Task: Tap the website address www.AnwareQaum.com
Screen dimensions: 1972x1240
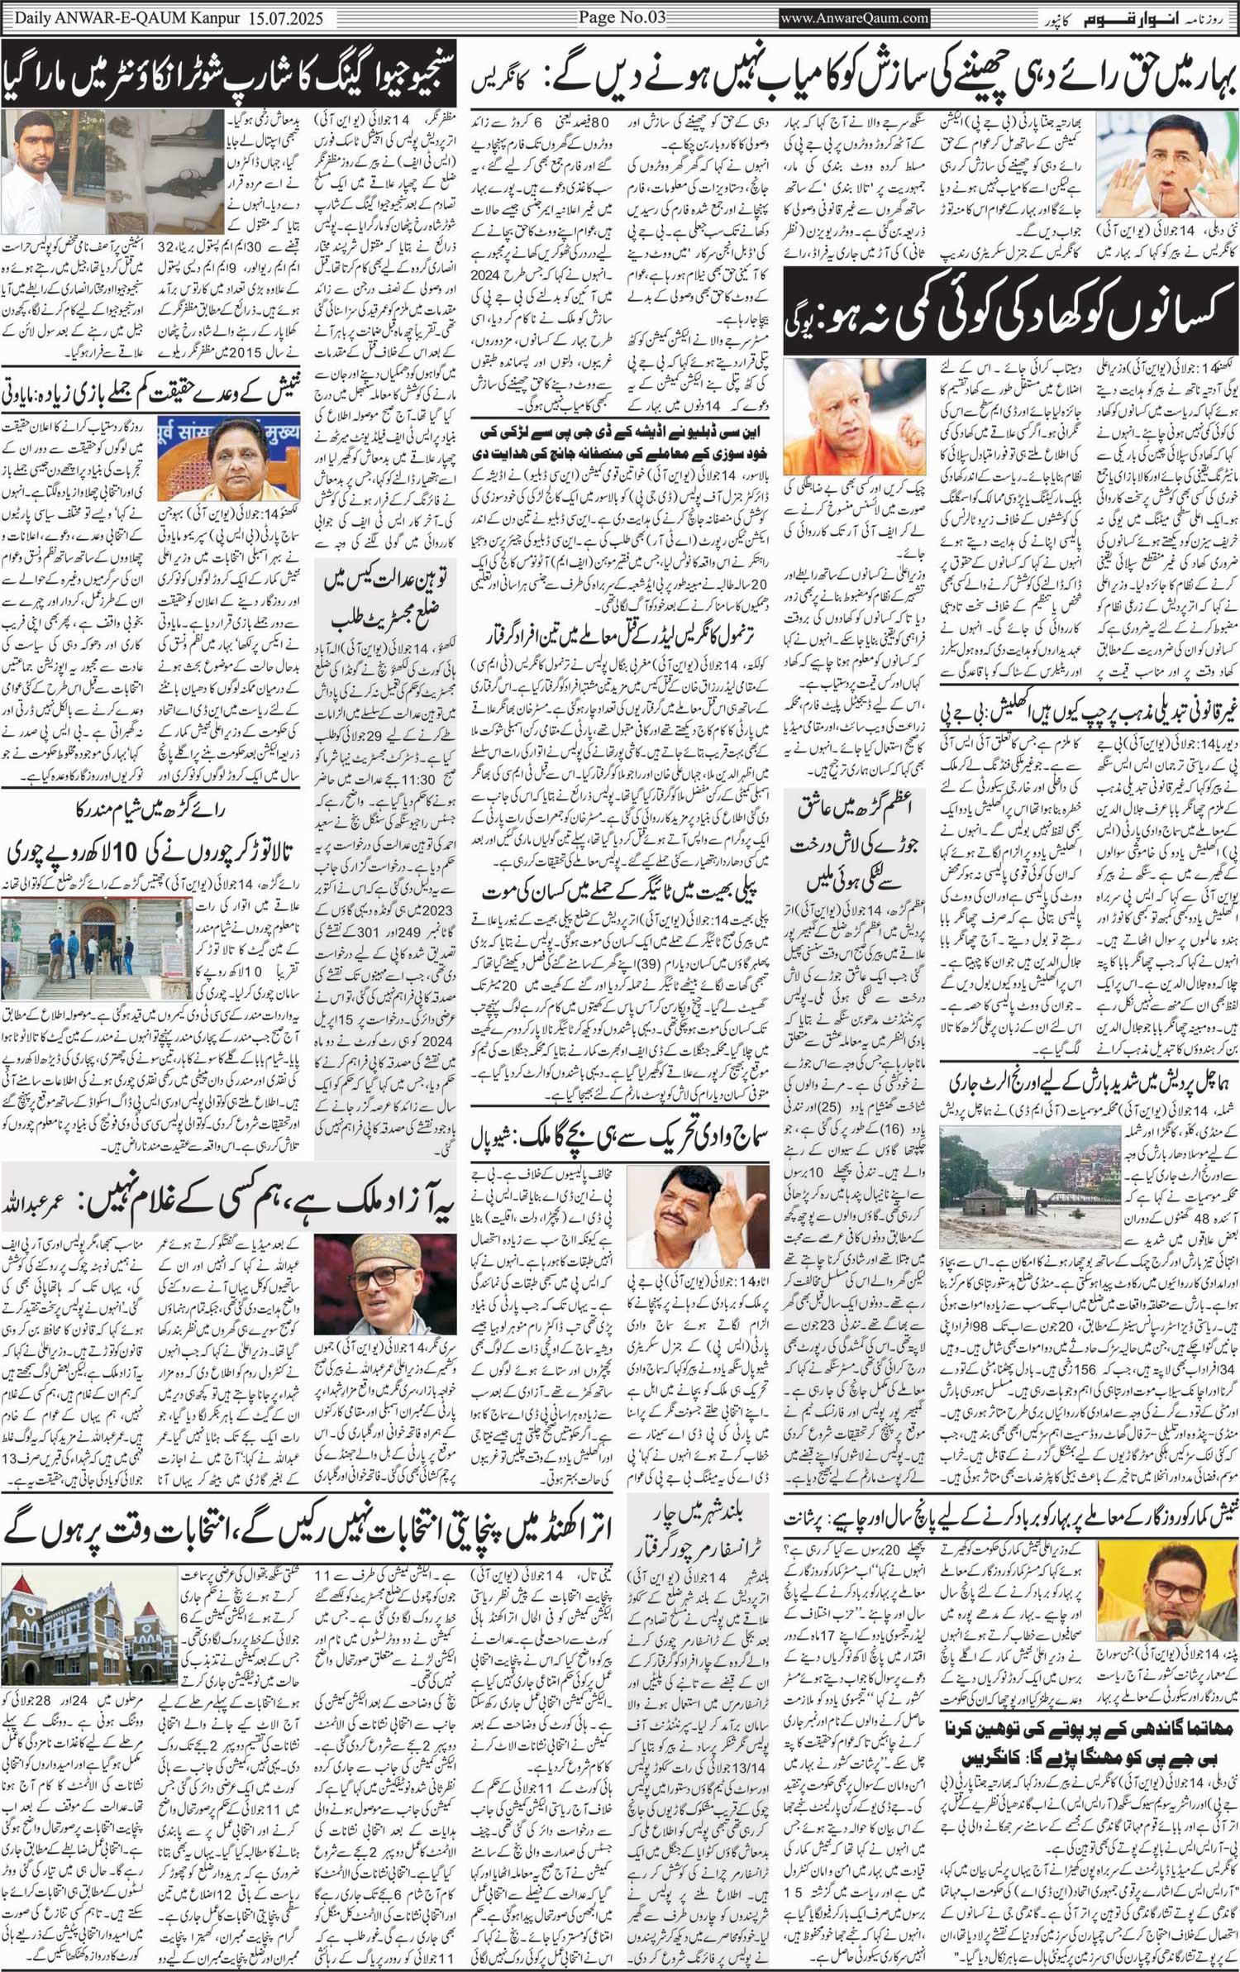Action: (x=855, y=17)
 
